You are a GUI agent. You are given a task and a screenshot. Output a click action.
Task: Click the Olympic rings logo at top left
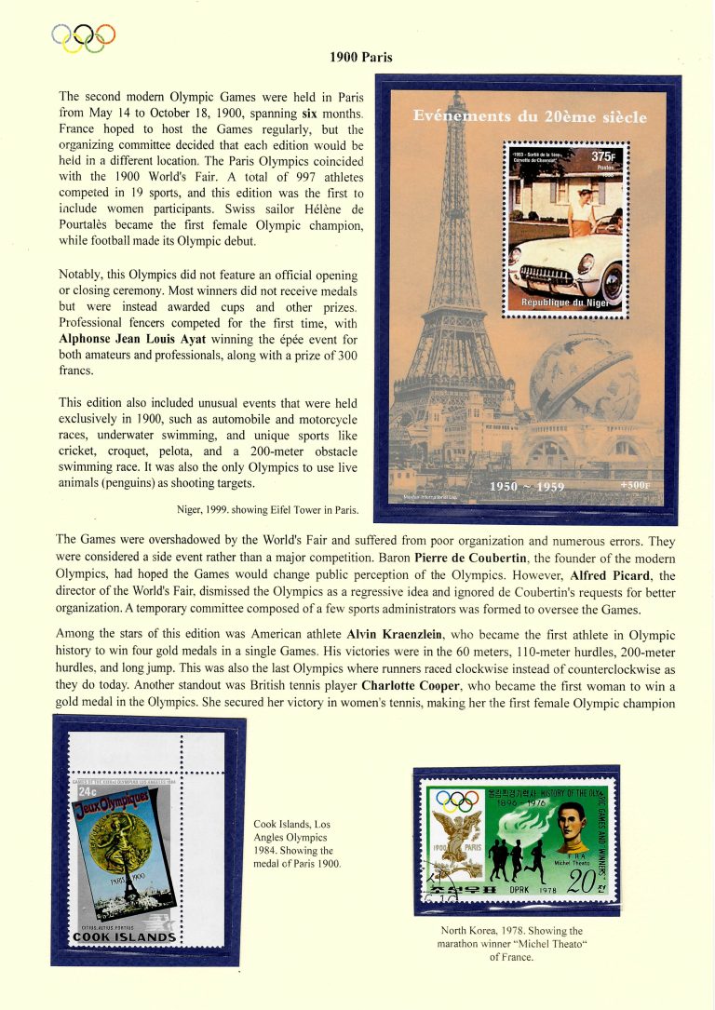pyautogui.click(x=84, y=37)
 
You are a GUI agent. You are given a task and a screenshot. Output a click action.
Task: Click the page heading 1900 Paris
pyautogui.click(x=361, y=58)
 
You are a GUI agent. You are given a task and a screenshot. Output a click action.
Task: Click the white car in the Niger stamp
pyautogui.click(x=563, y=270)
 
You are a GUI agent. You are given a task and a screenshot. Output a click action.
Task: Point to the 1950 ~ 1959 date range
pyautogui.click(x=527, y=486)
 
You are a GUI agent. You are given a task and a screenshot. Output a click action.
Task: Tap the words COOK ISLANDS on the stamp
pyautogui.click(x=124, y=936)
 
